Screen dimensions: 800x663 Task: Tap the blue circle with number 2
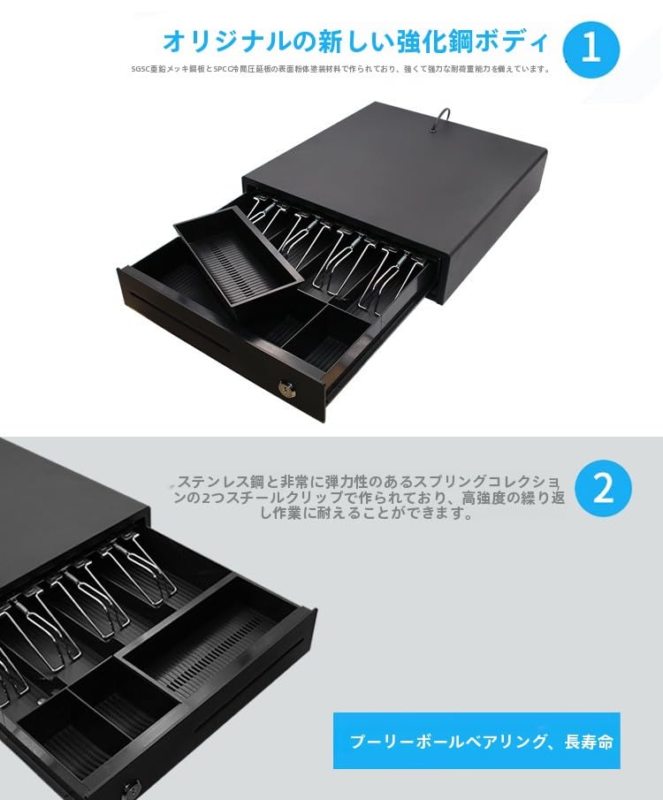tap(603, 489)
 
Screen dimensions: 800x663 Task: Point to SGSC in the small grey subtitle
tap(140, 69)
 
